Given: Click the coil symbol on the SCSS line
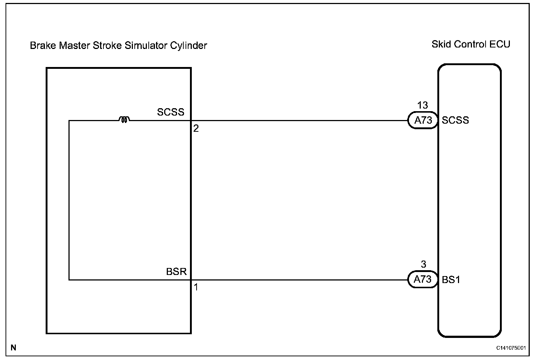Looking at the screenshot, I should coord(124,119).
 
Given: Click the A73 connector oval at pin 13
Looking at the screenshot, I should coord(423,120).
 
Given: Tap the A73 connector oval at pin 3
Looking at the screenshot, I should coord(423,279).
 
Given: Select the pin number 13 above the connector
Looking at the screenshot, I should coord(423,105).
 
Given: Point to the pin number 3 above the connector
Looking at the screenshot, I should coord(423,264).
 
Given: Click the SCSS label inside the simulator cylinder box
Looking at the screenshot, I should coord(170,112).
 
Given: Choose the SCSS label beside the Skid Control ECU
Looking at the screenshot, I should coord(455,120).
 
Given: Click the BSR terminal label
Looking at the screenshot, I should coord(176,272).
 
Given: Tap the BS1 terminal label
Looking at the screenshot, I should coord(451,280).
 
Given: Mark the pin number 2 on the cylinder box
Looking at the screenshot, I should coord(196,128).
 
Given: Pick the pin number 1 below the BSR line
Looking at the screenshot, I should coord(196,287).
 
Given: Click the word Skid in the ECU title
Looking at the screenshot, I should coord(441,44).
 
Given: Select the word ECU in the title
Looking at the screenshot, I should coord(500,44).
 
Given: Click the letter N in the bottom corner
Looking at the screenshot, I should coord(14,347).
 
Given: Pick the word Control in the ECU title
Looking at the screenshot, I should coord(470,44).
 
